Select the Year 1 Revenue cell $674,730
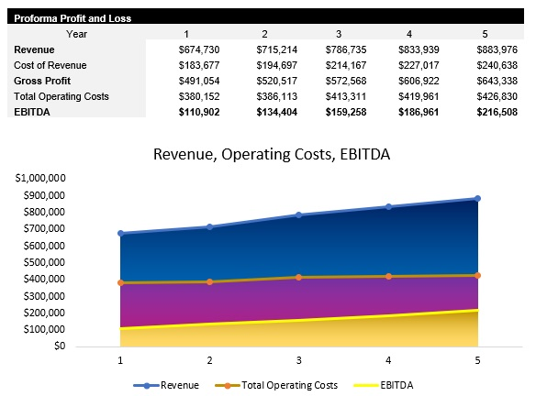pos(198,49)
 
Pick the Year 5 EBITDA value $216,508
pos(496,111)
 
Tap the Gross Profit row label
pos(41,80)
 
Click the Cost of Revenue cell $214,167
pos(347,65)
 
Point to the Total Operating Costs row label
pos(61,95)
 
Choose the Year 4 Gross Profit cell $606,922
pos(421,80)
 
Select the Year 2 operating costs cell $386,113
pos(273,95)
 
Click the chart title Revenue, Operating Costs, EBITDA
pos(272,154)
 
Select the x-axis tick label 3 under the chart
pos(298,360)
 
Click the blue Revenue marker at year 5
pos(477,198)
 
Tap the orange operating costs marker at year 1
pos(119,282)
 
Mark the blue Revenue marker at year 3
pos(298,214)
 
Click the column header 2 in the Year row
pos(263,34)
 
